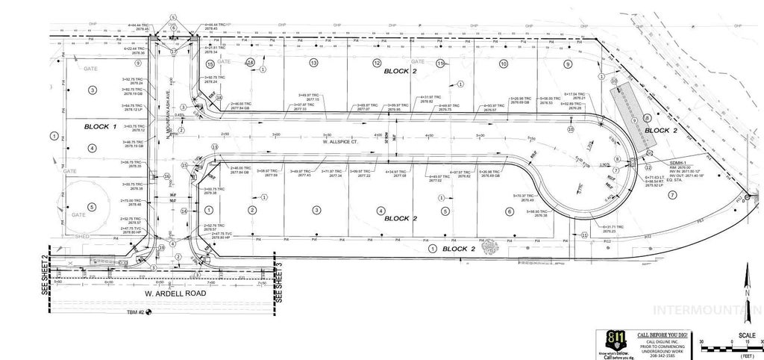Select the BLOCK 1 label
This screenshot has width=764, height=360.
(101, 126)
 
